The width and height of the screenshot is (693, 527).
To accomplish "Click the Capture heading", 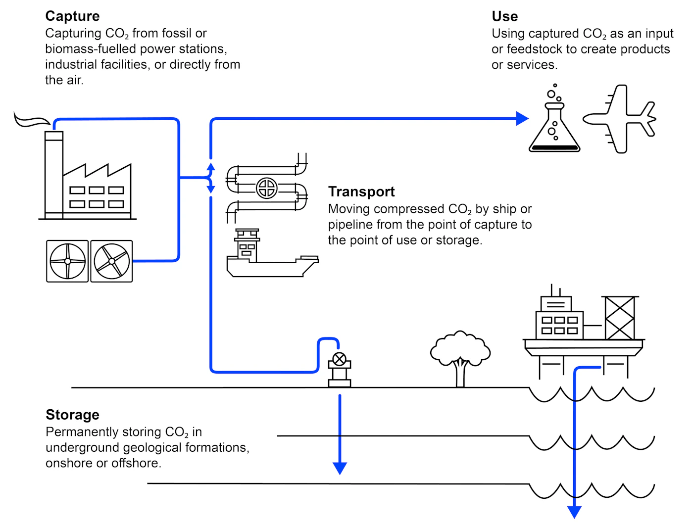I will tap(72, 16).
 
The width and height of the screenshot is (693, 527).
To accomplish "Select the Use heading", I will tap(504, 16).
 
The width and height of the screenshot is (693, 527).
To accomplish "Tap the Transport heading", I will tap(361, 192).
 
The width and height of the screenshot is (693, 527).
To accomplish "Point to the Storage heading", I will tap(72, 415).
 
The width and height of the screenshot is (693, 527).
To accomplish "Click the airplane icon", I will tap(620, 119).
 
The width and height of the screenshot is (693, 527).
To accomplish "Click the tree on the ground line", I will tap(460, 356).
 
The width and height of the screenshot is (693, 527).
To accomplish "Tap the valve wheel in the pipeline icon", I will tap(267, 188).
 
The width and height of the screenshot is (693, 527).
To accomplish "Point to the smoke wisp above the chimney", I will tap(31, 120).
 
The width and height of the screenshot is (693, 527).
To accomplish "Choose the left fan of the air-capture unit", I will tap(67, 261).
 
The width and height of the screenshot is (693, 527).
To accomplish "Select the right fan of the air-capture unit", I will tap(112, 261).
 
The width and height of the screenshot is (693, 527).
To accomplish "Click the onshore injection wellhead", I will tap(340, 369).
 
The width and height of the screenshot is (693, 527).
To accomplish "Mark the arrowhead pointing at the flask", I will tap(522, 119).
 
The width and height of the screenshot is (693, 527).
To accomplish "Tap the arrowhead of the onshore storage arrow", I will tap(340, 468).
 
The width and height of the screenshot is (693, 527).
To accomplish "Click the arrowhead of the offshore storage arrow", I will tap(574, 512).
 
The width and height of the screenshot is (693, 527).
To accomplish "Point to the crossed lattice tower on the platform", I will tap(619, 318).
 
